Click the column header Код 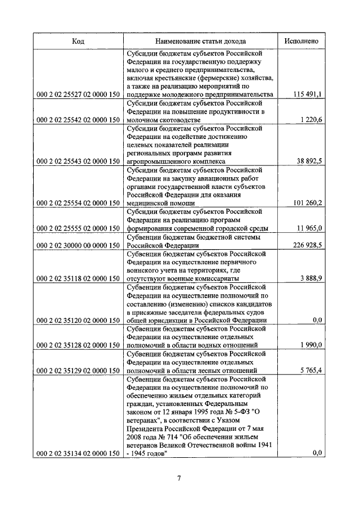tap(78, 41)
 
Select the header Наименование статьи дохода tap(201, 41)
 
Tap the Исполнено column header tap(301, 41)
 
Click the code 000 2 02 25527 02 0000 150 tap(78, 94)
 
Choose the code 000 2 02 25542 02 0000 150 tap(78, 120)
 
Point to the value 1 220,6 tap(311, 120)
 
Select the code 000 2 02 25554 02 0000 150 tap(78, 203)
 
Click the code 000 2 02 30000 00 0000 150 tap(78, 245)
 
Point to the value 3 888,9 tap(311, 278)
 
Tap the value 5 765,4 tap(311, 371)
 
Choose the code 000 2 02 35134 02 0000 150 tap(78, 453)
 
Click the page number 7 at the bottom tap(179, 479)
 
